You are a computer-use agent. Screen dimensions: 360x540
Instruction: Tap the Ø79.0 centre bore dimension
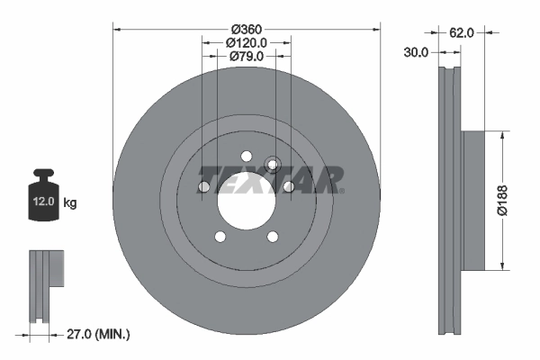pyautogui.click(x=246, y=57)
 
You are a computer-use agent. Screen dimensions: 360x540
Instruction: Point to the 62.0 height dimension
pyautogui.click(x=463, y=33)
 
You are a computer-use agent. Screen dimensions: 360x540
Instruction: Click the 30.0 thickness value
pyautogui.click(x=416, y=53)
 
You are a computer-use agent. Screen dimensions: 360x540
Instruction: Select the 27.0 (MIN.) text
pyautogui.click(x=98, y=334)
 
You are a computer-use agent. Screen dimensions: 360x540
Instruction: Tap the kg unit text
pyautogui.click(x=69, y=203)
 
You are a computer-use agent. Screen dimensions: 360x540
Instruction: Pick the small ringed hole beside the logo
pyautogui.click(x=274, y=164)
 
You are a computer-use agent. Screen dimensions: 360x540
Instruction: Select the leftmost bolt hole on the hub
pyautogui.click(x=203, y=186)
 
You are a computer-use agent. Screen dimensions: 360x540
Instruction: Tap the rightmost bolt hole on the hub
pyautogui.click(x=288, y=186)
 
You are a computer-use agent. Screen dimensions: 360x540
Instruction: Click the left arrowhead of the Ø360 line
pyautogui.click(x=115, y=29)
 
